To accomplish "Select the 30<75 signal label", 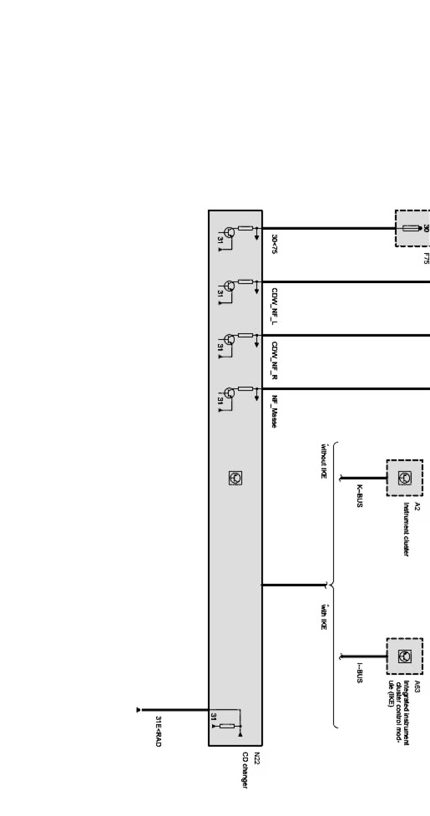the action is click(275, 244).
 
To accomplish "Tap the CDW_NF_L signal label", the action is click(275, 306).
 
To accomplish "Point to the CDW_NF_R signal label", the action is click(275, 360).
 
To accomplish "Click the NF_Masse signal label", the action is click(275, 412).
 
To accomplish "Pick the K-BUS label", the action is click(360, 497).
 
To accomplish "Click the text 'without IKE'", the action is click(323, 461).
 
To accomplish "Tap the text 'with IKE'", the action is click(323, 616).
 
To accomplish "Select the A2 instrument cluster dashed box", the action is click(405, 478).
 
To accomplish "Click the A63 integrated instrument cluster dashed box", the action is click(405, 656).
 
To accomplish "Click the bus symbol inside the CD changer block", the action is click(235, 477).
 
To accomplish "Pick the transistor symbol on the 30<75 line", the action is click(230, 233).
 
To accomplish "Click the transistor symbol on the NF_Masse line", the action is click(230, 393).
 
